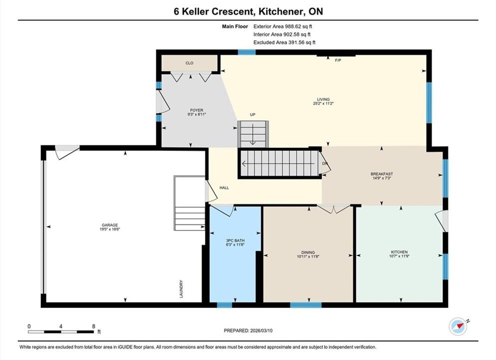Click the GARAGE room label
110,225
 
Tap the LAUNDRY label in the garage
181,289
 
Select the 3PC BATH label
235,240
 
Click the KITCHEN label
399,252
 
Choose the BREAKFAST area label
382,174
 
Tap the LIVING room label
323,99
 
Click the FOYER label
196,110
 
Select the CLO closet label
189,63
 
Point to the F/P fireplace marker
338,60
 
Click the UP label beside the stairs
252,114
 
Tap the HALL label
224,188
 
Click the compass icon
458,326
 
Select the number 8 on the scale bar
93,326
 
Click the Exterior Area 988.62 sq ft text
283,26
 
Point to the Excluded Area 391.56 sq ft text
284,42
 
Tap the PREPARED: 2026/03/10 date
248,330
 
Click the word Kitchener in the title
280,11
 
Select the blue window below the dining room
306,305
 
